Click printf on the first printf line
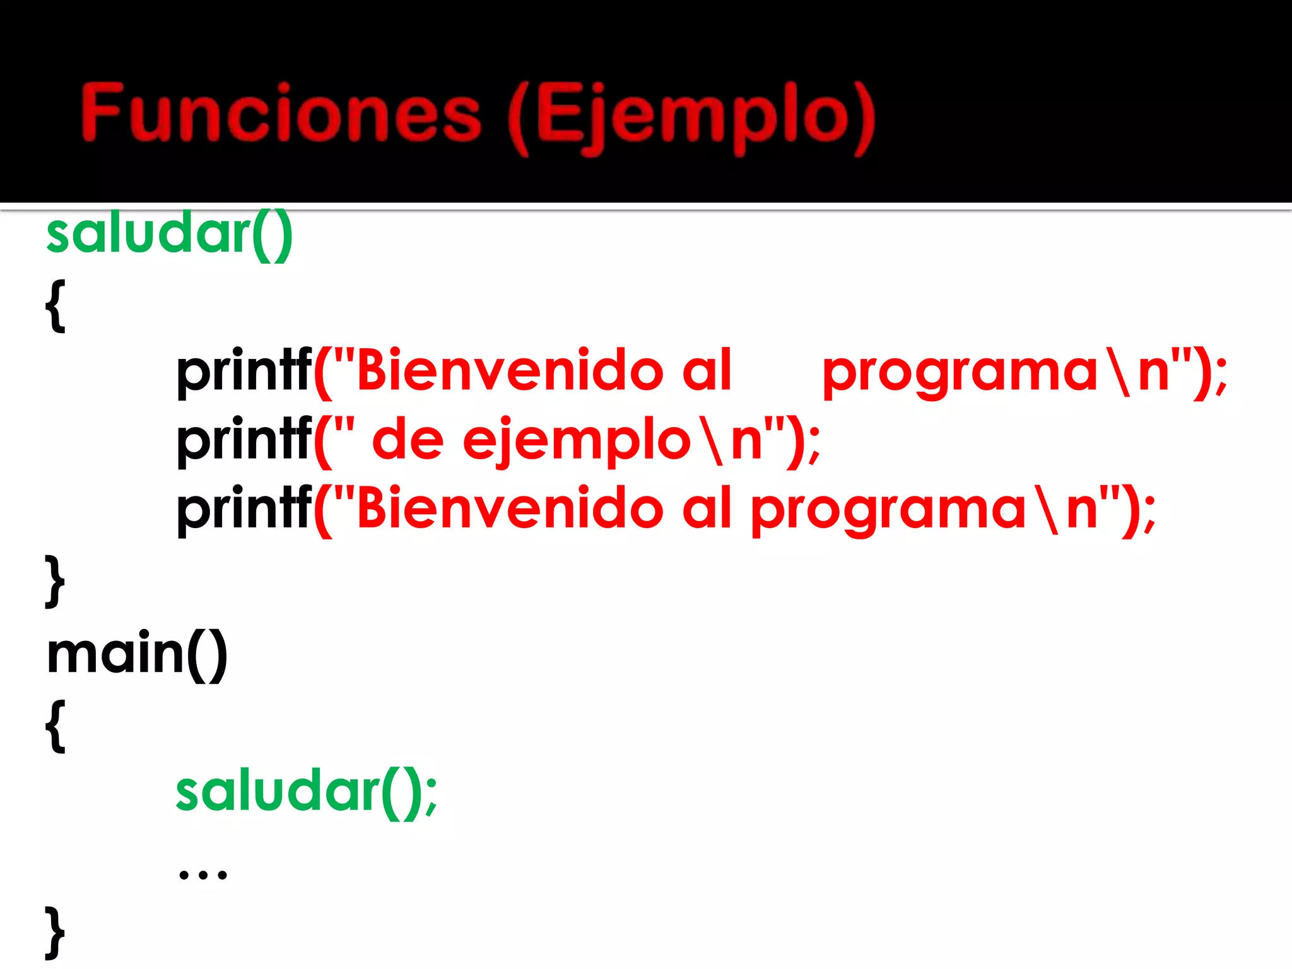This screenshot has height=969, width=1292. point(244,372)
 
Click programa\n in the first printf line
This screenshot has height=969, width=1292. point(1003,372)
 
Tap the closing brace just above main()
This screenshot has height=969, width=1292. point(56,580)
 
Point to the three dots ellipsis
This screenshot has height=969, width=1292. point(203,874)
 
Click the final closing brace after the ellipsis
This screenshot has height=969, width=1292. point(56,932)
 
